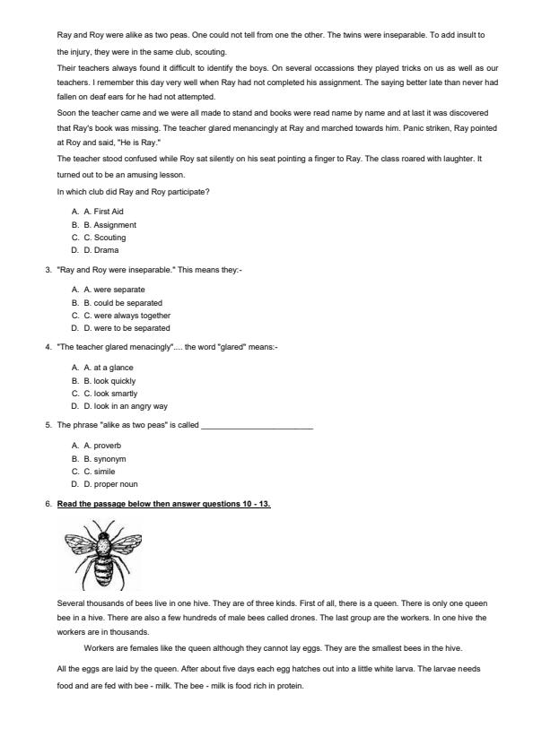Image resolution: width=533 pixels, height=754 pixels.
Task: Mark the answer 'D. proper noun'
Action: coord(106,484)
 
